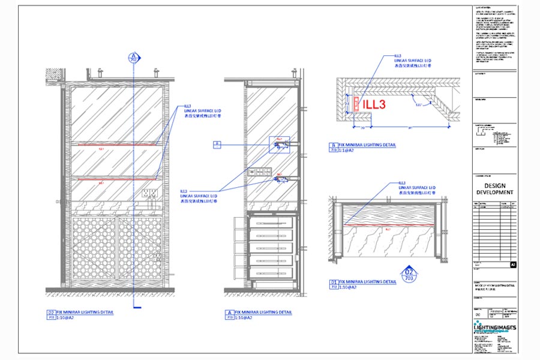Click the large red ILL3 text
point(375,104)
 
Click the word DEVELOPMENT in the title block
point(495,193)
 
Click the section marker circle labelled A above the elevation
point(133,58)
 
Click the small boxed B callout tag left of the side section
point(218,144)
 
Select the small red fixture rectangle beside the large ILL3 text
point(356,104)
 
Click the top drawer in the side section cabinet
point(271,223)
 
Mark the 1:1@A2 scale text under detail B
point(350,151)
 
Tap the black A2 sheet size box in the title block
point(512,264)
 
